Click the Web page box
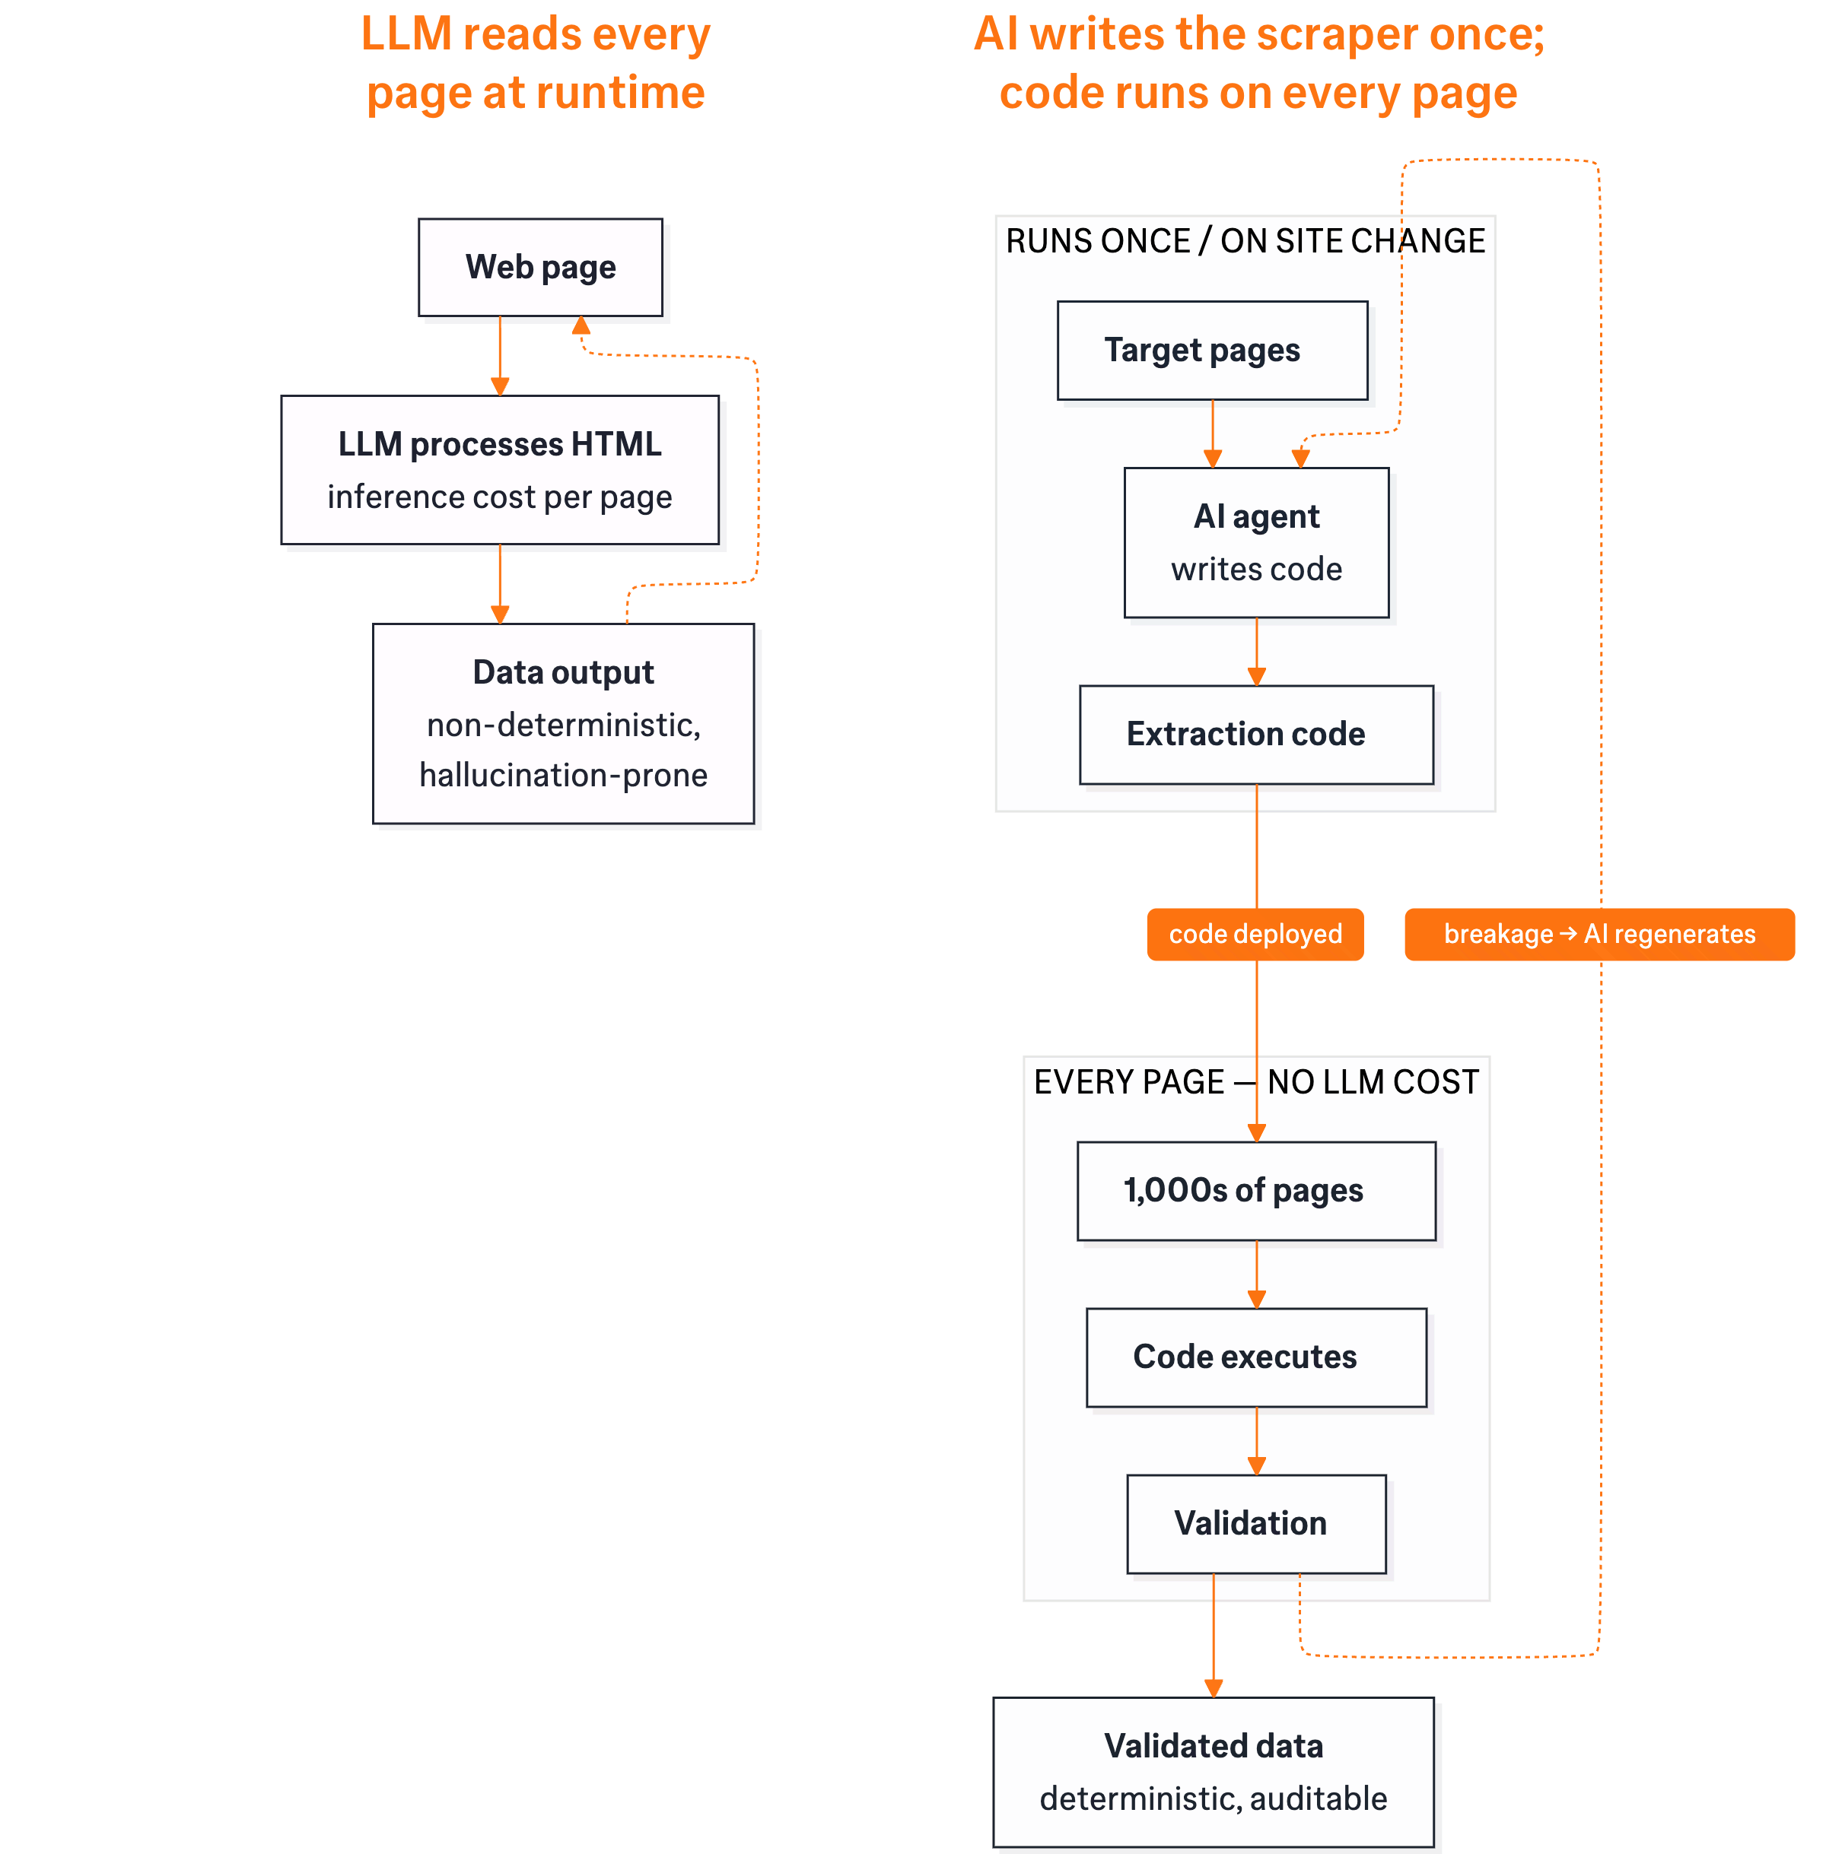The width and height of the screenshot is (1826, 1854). (x=540, y=268)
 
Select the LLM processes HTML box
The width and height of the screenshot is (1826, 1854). (x=500, y=470)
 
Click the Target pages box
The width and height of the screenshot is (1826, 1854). (x=1211, y=351)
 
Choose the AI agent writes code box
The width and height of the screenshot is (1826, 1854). (x=1255, y=542)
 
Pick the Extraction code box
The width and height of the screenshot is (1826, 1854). (x=1255, y=735)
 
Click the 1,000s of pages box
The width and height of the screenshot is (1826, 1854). (x=1255, y=1191)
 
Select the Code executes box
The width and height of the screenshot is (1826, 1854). (x=1255, y=1357)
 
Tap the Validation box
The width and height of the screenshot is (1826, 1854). (x=1255, y=1523)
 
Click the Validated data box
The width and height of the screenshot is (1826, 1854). (x=1214, y=1772)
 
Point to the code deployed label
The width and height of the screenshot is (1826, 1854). (x=1255, y=934)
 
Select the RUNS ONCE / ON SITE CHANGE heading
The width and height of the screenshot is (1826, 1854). (x=1244, y=240)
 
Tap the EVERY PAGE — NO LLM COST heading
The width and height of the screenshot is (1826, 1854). (x=1255, y=1081)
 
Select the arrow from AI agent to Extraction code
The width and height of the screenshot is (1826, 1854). (x=1256, y=651)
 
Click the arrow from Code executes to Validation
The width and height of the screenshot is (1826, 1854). (x=1256, y=1441)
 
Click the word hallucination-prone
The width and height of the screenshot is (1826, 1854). (x=563, y=775)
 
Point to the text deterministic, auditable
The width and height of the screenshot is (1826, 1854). (x=1214, y=1798)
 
